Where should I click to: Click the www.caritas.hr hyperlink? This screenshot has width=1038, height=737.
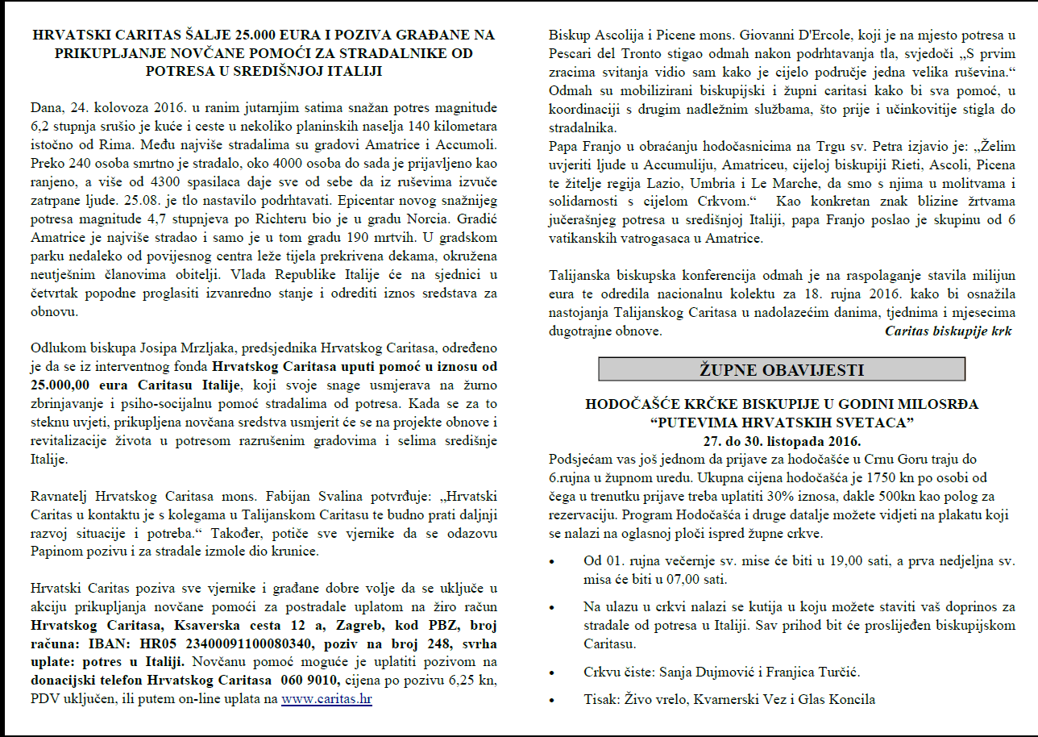click(x=326, y=699)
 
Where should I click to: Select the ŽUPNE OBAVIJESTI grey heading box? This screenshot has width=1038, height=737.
click(x=781, y=369)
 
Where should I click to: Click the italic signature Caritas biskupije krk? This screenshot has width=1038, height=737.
click(x=948, y=331)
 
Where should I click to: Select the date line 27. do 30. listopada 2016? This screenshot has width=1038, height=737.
click(x=781, y=441)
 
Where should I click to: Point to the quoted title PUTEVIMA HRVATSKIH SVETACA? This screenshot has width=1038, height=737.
click(x=781, y=423)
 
